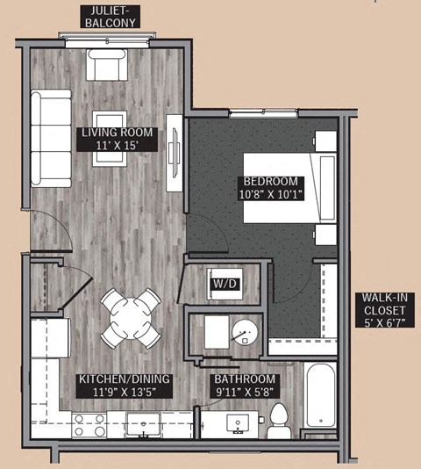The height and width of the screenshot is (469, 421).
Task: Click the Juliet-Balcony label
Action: click(110, 16)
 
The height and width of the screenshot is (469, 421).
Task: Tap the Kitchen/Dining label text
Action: click(125, 379)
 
